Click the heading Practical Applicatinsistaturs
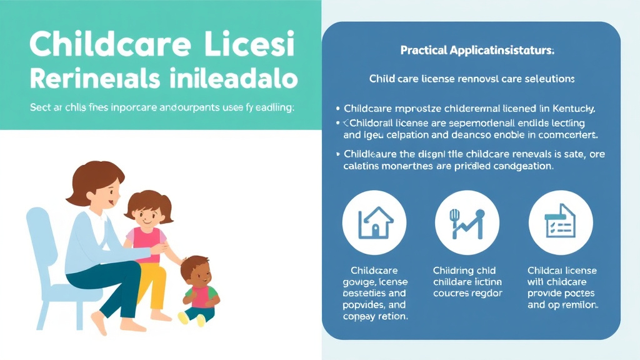tap(477, 51)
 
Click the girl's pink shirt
tap(143, 237)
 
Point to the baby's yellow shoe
tap(183, 317)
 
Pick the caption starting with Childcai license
tap(562, 287)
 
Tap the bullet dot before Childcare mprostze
tap(337, 108)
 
